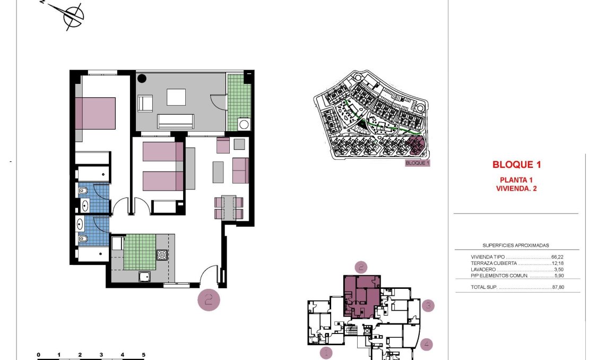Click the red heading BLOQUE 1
[516, 165]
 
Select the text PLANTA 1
[516, 179]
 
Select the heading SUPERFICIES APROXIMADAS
[515, 246]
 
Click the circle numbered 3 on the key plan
[429, 305]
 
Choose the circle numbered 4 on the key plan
[427, 344]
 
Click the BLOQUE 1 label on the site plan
[417, 163]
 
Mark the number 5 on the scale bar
[143, 354]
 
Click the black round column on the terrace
[142, 79]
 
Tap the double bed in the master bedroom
[96, 113]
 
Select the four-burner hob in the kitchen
[162, 255]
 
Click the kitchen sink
[144, 276]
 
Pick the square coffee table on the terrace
[176, 97]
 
